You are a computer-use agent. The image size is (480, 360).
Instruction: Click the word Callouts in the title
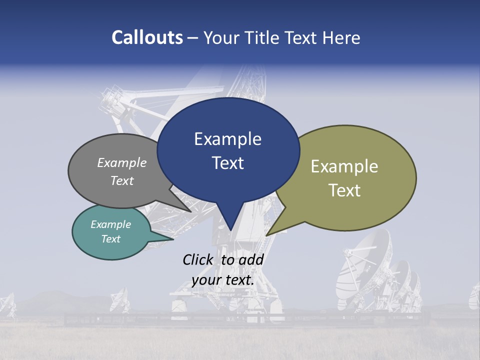pos(147,37)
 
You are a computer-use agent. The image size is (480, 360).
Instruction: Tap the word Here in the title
pos(340,37)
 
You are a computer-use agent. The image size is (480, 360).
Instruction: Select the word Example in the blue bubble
pos(227,138)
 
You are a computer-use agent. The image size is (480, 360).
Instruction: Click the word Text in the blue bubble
pos(227,162)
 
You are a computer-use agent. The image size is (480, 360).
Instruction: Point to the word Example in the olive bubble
pos(344,166)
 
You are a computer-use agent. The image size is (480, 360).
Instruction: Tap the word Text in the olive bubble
pos(344,190)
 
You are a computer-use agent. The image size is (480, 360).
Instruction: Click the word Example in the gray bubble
pos(122,162)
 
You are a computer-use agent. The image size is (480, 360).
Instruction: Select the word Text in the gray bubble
pos(122,180)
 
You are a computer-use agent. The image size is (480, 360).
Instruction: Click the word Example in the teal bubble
pos(110,224)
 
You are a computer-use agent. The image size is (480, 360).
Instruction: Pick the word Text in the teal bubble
pos(110,239)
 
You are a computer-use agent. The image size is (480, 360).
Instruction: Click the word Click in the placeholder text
pos(198,259)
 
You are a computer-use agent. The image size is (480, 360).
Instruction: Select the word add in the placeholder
pos(251,259)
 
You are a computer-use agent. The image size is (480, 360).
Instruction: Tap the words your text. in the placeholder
pos(222,279)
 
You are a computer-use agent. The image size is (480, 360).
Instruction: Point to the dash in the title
pos(193,38)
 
